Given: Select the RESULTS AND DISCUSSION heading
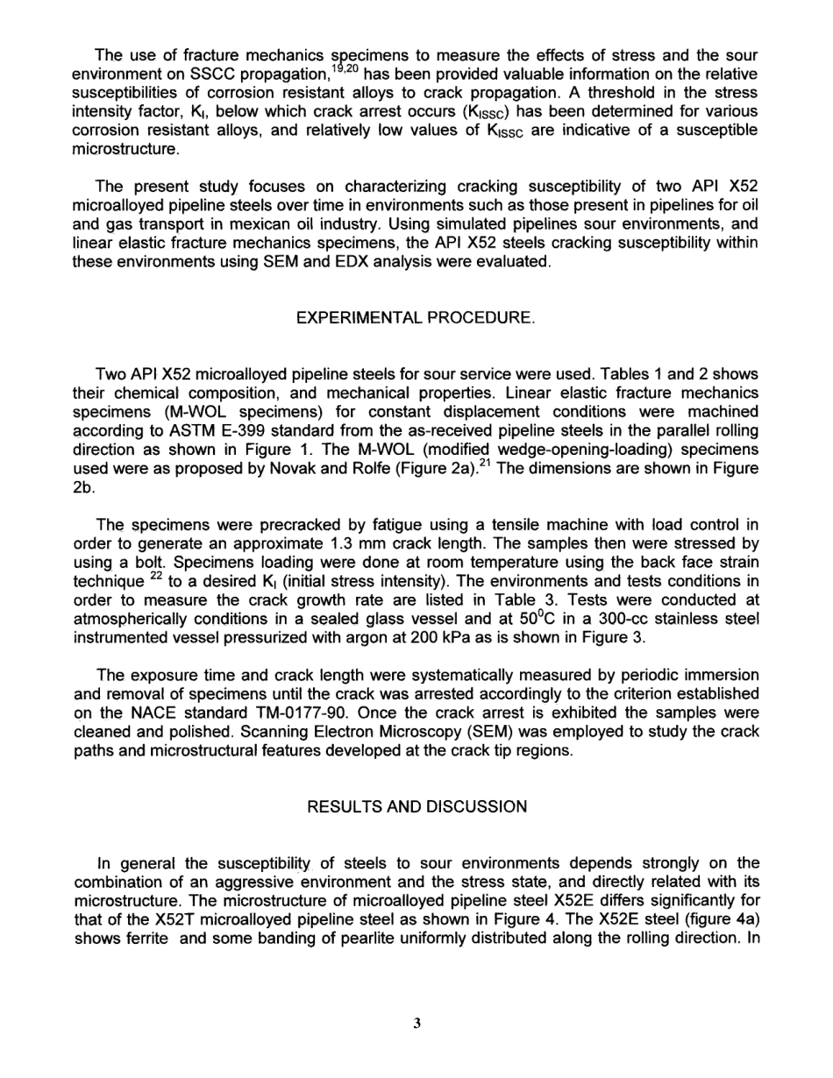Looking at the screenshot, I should coord(416,783).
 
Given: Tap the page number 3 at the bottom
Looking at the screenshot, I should coord(417,1023).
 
